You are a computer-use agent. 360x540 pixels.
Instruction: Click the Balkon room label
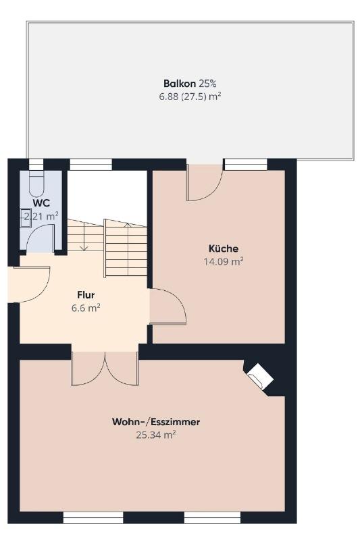pos(180,83)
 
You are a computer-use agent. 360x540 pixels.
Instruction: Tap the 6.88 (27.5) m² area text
pos(190,97)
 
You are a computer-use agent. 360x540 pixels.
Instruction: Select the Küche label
pos(224,248)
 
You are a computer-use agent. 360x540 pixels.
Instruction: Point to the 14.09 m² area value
pos(224,261)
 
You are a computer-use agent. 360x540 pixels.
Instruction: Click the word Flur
pos(86,295)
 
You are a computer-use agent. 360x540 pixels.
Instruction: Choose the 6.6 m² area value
pos(86,308)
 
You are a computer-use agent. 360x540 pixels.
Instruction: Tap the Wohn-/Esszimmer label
pos(156,422)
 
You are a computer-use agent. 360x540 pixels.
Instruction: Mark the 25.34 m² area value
pos(156,435)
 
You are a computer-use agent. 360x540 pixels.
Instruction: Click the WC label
pos(41,202)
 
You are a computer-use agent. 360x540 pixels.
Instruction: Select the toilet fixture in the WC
pos(36,184)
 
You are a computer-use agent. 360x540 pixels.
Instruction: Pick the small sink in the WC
pos(26,217)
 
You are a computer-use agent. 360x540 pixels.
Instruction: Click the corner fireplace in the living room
pos(260,377)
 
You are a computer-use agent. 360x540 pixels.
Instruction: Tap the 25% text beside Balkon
pos(207,83)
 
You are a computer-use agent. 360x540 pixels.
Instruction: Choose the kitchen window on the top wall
pos(246,165)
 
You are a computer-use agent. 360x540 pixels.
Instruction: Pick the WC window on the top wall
pos(36,165)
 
